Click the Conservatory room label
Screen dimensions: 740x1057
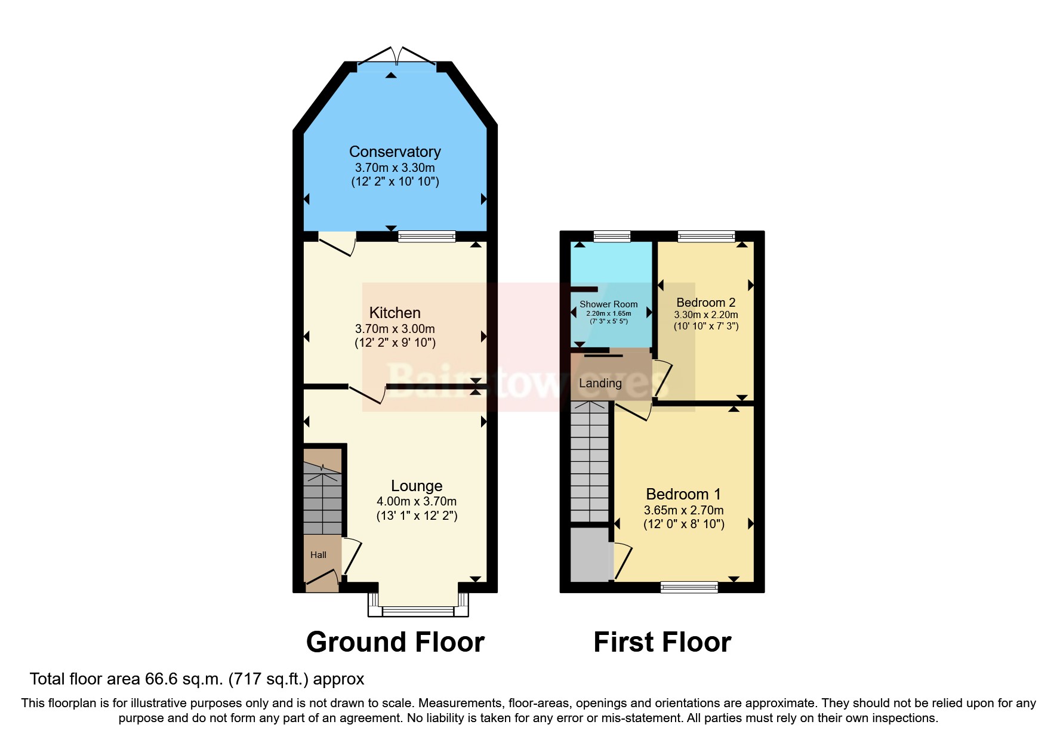395,152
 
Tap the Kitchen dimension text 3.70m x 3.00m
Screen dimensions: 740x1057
395,329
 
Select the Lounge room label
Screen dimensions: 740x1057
417,486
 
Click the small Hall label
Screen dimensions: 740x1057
318,555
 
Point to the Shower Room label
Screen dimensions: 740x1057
608,304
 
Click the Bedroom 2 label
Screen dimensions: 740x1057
705,303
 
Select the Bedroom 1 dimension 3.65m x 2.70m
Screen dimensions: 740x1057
683,510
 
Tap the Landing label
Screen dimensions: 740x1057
600,383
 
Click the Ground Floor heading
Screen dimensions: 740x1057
395,642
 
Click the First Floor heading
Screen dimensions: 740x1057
662,642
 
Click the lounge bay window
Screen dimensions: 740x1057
418,610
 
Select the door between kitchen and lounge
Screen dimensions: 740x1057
367,394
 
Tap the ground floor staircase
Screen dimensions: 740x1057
322,501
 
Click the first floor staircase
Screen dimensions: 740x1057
589,462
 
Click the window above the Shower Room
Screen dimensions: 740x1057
612,237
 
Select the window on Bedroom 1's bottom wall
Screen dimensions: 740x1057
689,587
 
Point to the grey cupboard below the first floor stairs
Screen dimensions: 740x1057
589,554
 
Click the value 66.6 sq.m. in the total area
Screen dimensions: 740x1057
184,679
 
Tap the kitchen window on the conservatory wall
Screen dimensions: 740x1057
426,237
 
